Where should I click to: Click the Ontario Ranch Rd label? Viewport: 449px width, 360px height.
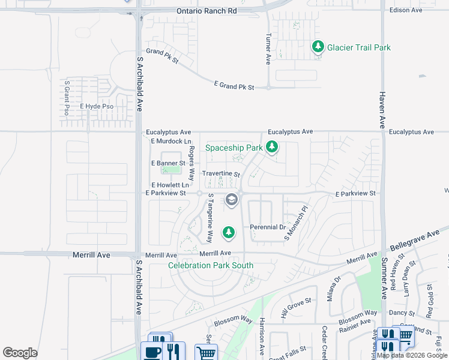(x=206, y=11)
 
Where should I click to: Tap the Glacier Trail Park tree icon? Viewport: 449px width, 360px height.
(x=318, y=47)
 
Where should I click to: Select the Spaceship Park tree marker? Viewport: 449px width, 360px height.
(x=272, y=146)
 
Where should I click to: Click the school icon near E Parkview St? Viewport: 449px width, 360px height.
(x=231, y=200)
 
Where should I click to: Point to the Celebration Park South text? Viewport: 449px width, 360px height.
(x=210, y=265)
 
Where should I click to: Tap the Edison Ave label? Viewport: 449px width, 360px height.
(x=406, y=10)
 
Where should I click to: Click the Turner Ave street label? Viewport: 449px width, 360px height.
(x=268, y=48)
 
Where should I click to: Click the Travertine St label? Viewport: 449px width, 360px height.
(x=220, y=174)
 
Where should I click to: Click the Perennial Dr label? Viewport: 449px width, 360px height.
(x=268, y=227)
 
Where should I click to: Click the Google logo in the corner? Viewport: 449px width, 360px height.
(x=20, y=353)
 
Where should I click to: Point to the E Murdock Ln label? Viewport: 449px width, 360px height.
(x=166, y=141)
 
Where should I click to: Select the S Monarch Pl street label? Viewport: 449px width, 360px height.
(x=296, y=224)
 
